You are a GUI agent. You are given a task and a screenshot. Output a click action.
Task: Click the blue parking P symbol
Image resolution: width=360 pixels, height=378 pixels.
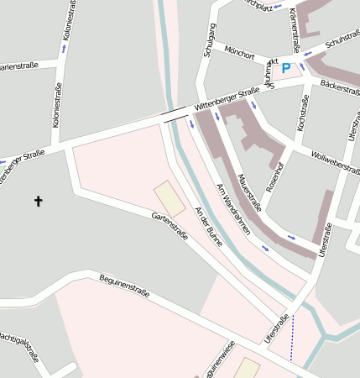(x=286, y=68)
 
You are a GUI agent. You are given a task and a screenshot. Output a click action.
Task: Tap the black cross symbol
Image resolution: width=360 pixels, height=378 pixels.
(x=38, y=201)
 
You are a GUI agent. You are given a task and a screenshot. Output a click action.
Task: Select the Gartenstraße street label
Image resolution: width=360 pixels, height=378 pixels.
(x=170, y=227)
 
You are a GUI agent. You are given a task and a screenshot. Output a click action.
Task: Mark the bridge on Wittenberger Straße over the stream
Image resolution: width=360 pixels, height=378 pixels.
(x=175, y=115)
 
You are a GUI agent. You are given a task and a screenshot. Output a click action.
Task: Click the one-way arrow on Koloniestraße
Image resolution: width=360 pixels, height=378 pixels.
(x=63, y=49)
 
